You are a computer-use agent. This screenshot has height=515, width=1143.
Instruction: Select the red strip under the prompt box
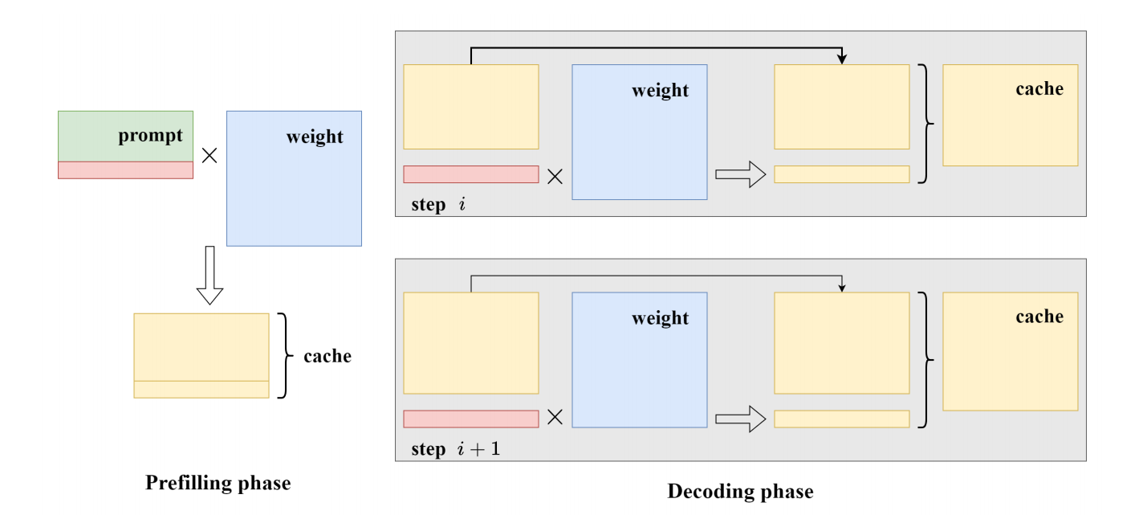(x=125, y=170)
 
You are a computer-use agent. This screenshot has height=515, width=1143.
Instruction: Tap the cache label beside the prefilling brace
(x=327, y=356)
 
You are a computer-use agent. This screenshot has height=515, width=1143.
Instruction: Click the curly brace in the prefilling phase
(x=282, y=356)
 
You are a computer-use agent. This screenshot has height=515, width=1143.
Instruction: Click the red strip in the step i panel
(x=470, y=174)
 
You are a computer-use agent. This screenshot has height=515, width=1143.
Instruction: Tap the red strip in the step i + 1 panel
(x=470, y=419)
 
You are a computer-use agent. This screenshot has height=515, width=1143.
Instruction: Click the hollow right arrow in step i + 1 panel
(x=739, y=419)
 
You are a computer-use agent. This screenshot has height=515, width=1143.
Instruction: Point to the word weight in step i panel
(x=660, y=90)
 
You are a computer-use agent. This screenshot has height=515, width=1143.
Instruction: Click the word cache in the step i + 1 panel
(x=1039, y=317)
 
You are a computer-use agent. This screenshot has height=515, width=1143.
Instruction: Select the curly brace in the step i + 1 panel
(x=926, y=358)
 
